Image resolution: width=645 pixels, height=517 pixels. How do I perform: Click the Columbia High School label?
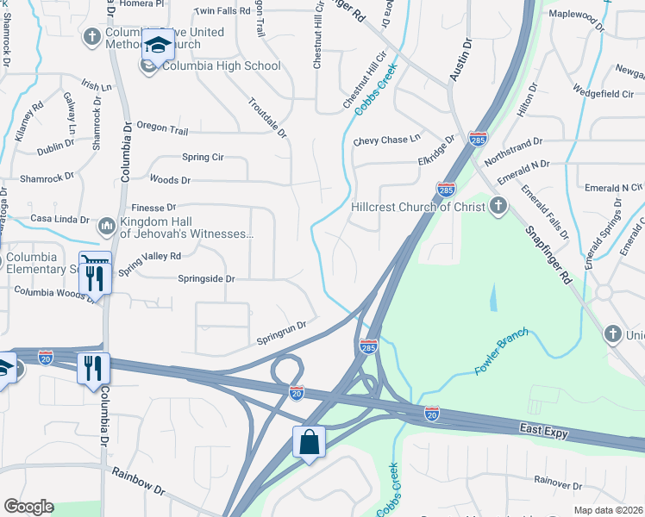click(x=221, y=65)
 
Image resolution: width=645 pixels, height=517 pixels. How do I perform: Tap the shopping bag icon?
click(x=309, y=442)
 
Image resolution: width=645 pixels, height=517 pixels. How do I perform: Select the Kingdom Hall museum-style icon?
click(x=108, y=226)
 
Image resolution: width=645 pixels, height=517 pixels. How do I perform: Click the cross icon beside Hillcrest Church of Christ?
click(x=497, y=206)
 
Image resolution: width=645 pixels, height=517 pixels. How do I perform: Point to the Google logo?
click(x=28, y=507)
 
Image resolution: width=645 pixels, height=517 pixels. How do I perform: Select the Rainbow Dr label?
click(x=137, y=481)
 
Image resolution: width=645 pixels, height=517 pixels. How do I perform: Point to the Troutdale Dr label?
click(x=266, y=117)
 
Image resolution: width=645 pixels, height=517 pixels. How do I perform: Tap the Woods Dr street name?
click(x=170, y=180)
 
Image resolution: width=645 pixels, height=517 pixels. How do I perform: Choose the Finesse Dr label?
click(x=153, y=208)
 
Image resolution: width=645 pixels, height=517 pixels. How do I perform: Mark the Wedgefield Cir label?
click(x=604, y=92)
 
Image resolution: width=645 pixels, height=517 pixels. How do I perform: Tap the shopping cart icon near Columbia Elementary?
click(x=94, y=261)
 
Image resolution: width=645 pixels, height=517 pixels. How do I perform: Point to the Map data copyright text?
click(x=608, y=510)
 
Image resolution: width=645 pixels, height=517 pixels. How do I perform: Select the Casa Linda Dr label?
click(x=59, y=220)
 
